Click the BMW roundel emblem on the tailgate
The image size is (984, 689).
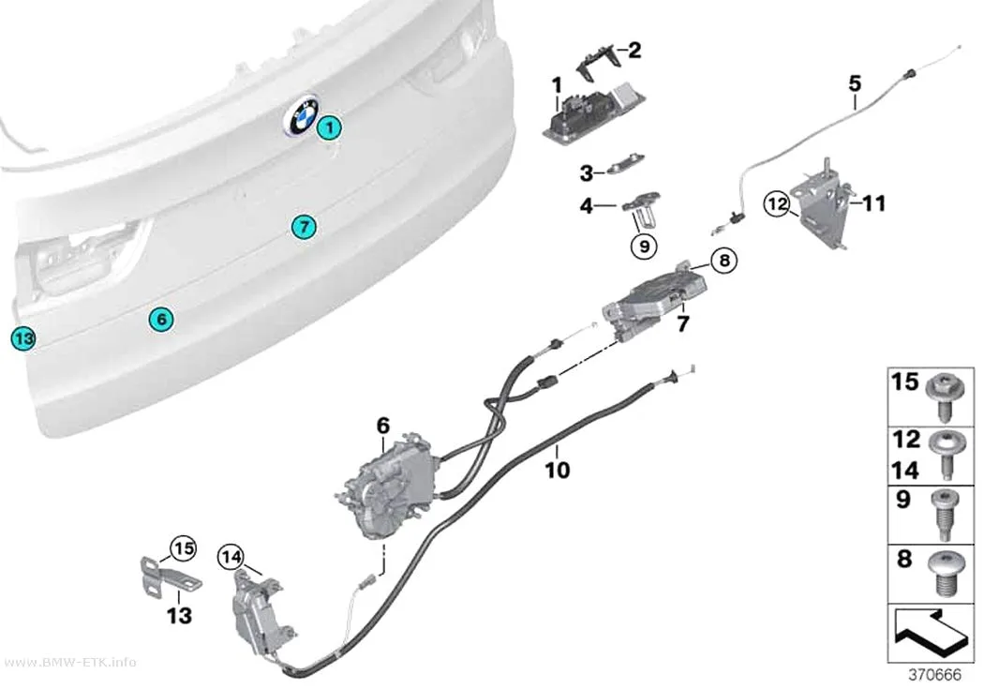pos(302,115)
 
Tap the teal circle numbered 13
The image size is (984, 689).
pos(23,338)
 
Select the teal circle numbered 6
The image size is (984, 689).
pos(161,320)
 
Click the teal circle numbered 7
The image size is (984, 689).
pos(304,226)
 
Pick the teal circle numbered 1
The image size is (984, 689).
pos(329,128)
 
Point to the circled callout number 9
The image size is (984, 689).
pos(645,246)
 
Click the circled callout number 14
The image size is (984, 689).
pos(231,557)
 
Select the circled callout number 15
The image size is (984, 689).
pos(184,549)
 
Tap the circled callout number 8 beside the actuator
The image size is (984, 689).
pos(724,259)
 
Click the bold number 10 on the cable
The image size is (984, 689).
pos(558,470)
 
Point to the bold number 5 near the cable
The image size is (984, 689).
pos(855,83)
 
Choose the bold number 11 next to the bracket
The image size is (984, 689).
pos(873,203)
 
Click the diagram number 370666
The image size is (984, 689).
pos(934,675)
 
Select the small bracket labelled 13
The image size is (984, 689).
pos(168,578)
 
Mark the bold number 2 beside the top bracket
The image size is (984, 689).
pos(634,51)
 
